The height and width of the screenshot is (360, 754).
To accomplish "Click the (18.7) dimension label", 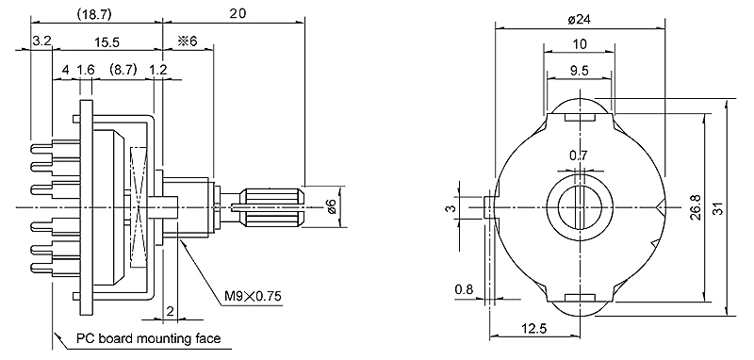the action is [95, 14].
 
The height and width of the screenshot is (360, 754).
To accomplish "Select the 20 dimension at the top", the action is [238, 13].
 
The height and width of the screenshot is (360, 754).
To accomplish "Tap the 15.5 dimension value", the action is [107, 42].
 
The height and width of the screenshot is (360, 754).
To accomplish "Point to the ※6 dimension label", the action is [188, 41].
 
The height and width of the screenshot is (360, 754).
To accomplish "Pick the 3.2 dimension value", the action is [41, 41].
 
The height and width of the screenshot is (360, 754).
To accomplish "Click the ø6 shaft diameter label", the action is [331, 206].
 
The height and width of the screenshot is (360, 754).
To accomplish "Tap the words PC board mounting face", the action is [149, 338].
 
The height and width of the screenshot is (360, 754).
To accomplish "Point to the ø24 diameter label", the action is [580, 19].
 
